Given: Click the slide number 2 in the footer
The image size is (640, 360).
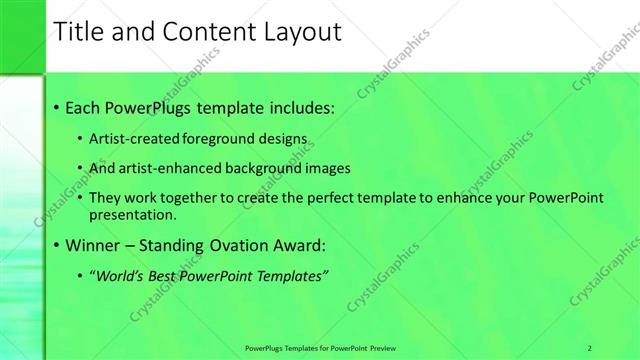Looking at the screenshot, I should coord(590,346).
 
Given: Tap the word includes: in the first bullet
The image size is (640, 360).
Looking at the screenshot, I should coord(299,106).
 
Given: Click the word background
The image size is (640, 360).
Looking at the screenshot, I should coord(267,168).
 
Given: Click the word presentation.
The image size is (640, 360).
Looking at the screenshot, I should coord(131,214).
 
